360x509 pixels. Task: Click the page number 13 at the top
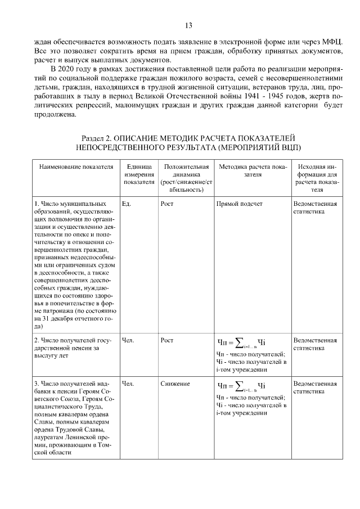(188, 25)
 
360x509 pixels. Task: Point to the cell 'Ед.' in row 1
(126, 204)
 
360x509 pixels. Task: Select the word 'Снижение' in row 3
(174, 384)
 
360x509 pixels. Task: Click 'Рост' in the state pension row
(166, 340)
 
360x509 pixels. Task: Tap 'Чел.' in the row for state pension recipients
(128, 340)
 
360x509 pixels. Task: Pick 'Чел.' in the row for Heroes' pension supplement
(128, 384)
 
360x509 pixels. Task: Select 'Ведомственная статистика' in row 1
(315, 208)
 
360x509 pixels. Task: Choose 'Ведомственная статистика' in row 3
(315, 388)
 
